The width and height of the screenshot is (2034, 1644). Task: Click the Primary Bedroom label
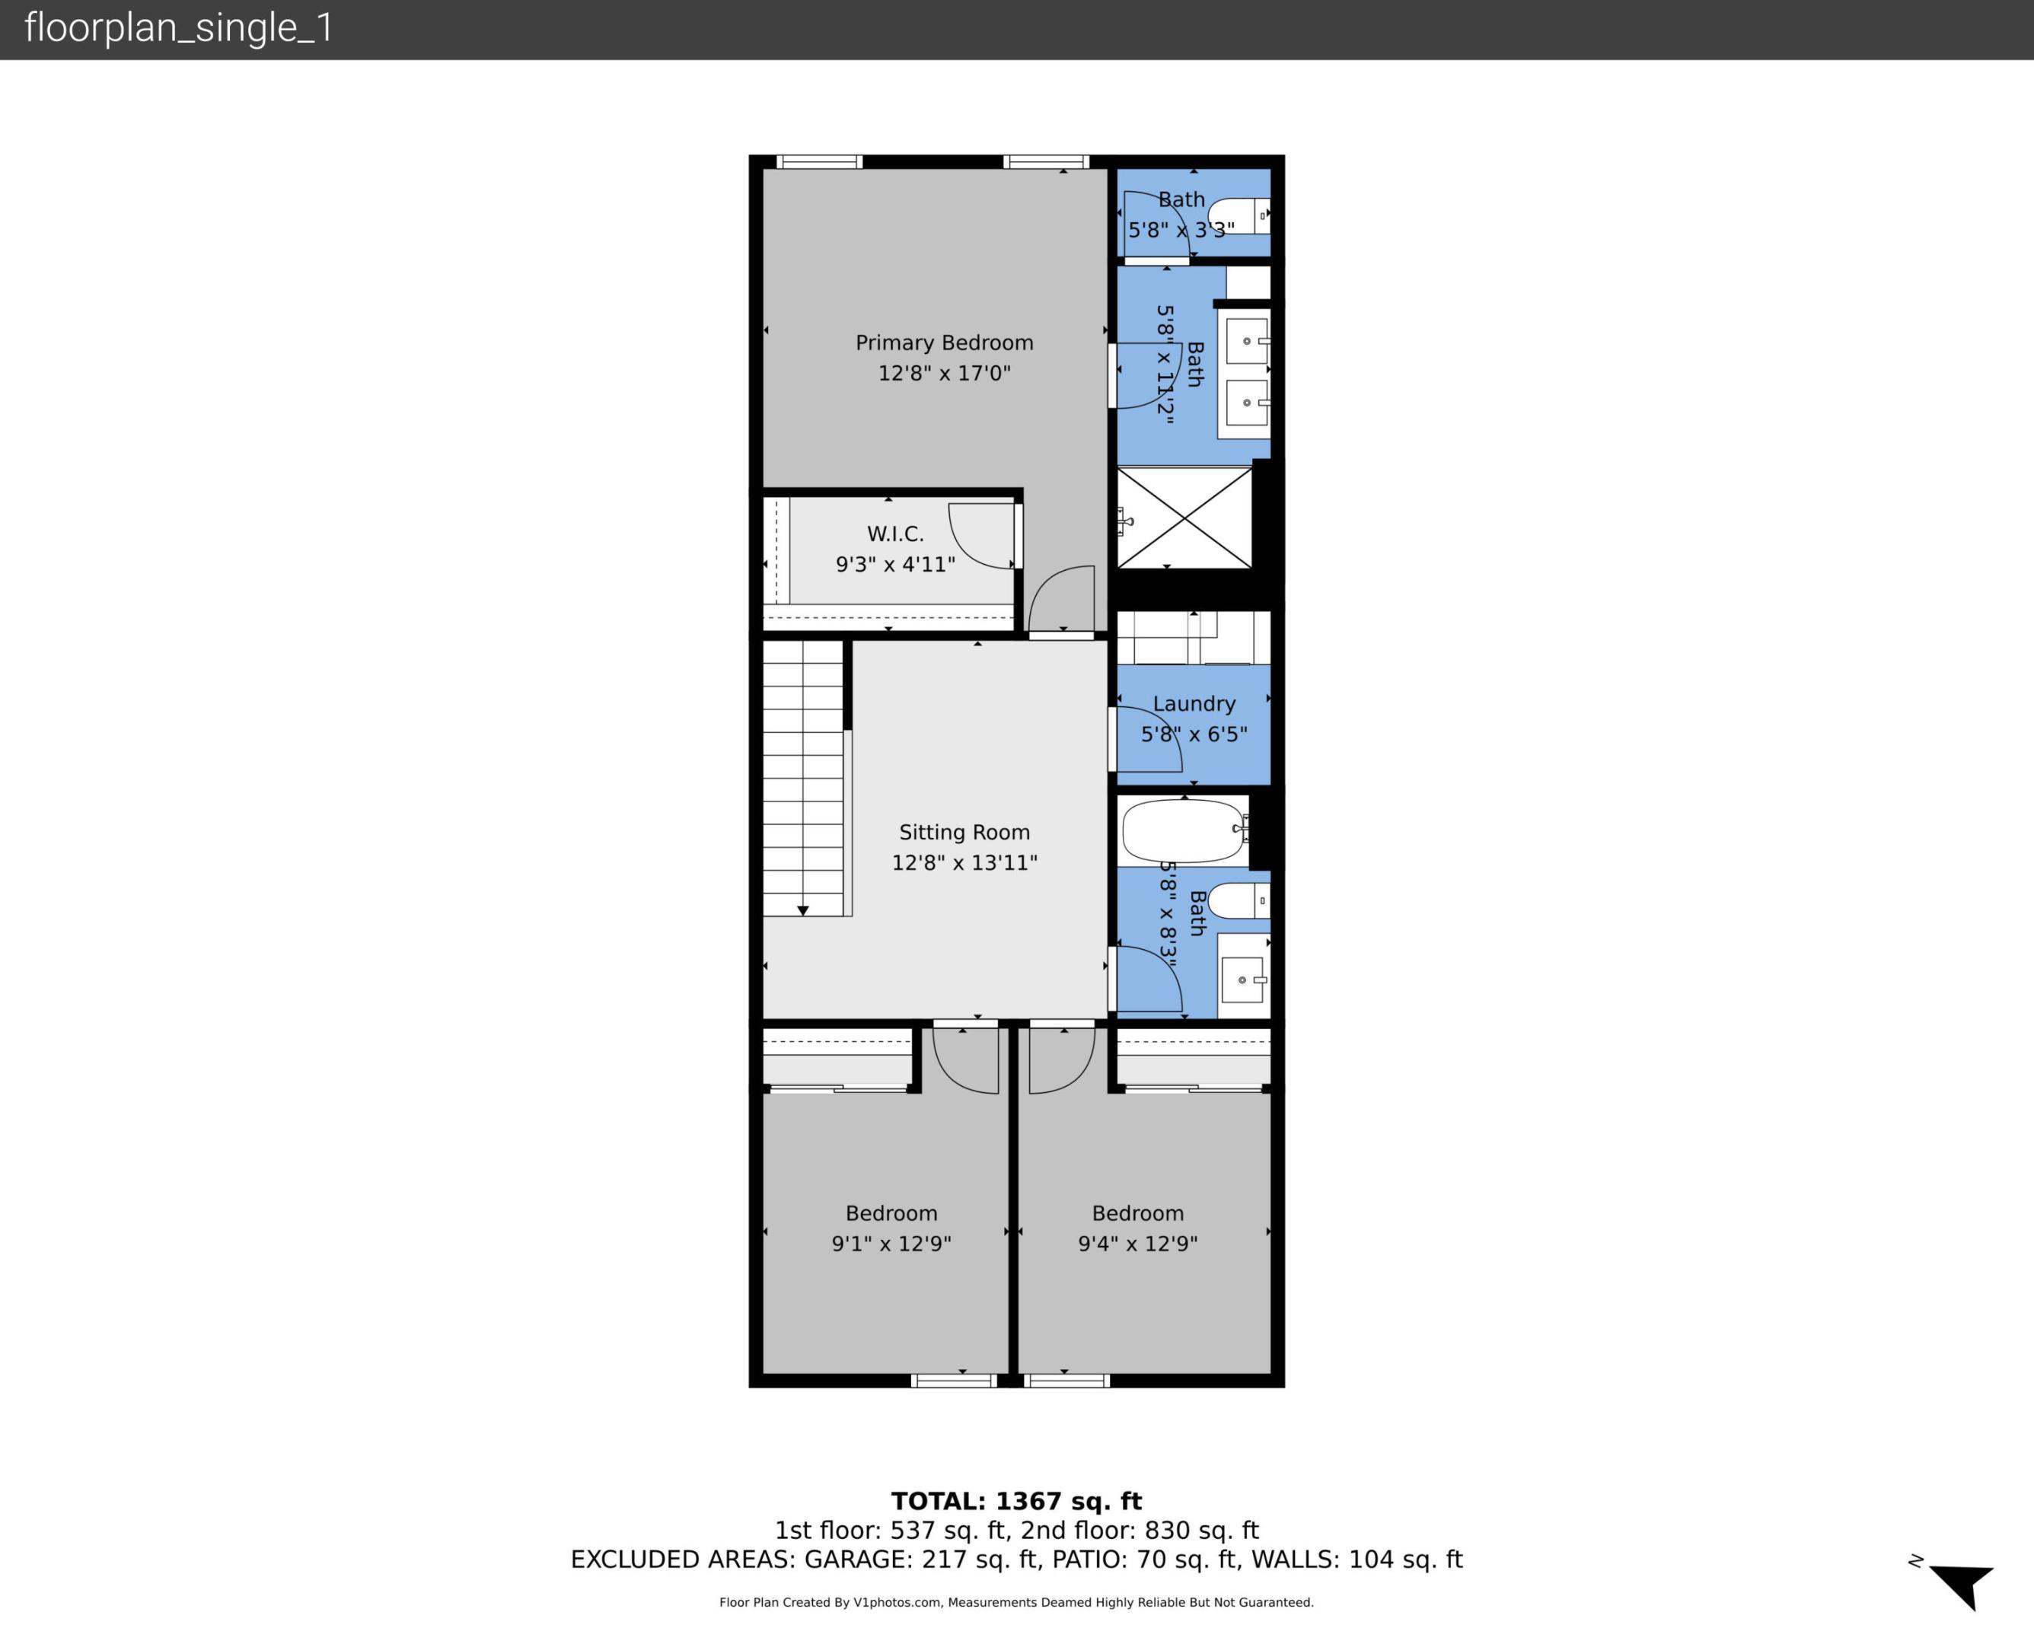944,342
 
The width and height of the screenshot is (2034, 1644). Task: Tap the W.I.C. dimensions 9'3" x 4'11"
895,565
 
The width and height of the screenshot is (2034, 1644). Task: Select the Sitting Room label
964,833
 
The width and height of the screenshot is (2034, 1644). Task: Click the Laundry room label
1193,703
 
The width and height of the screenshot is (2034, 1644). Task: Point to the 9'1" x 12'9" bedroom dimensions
891,1244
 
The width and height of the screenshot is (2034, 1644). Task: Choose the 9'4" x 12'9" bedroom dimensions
1137,1244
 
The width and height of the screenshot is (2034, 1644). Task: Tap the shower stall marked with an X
1184,518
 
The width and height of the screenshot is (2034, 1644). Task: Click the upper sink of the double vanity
1246,341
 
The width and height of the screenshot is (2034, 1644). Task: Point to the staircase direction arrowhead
803,910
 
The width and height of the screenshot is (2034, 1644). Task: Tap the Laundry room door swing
1149,740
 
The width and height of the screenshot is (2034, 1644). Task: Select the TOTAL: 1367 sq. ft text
1016,1501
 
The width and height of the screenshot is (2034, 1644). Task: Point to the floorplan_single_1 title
179,28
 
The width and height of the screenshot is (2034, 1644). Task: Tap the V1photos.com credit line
1016,1602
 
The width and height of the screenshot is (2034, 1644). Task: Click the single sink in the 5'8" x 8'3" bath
1242,980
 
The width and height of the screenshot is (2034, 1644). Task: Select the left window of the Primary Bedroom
819,162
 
